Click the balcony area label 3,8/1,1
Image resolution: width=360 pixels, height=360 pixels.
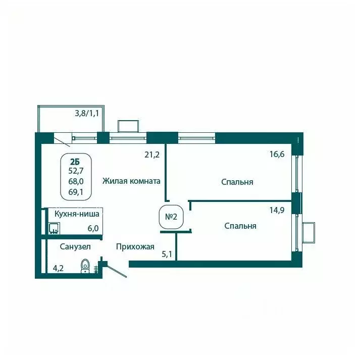[x=86, y=113]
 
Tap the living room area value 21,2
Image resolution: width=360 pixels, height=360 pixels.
[x=152, y=155]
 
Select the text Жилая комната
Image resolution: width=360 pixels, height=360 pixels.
[x=131, y=181]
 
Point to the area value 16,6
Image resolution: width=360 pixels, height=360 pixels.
[x=278, y=155]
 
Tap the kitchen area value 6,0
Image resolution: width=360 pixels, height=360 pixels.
[x=93, y=228]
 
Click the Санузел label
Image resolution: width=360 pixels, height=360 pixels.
[x=75, y=247]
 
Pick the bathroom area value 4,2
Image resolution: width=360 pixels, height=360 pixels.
[x=59, y=269]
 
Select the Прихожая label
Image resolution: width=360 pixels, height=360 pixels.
[x=135, y=247]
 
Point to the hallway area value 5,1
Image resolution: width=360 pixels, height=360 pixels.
[x=167, y=254]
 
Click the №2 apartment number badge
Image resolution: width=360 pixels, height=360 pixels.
[x=171, y=216]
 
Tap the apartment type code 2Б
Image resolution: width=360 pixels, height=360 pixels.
[x=75, y=162]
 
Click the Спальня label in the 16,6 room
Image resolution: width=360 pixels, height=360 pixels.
[x=237, y=182]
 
